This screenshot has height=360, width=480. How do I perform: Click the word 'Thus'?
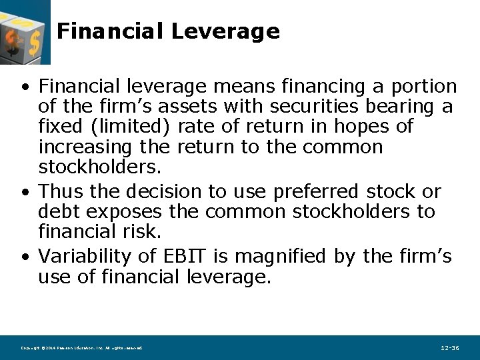pos(61,192)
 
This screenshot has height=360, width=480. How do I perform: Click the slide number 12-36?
pos(450,348)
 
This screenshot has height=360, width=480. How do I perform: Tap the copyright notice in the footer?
pos(81,348)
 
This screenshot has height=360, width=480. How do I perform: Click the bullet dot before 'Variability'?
pos(25,257)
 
